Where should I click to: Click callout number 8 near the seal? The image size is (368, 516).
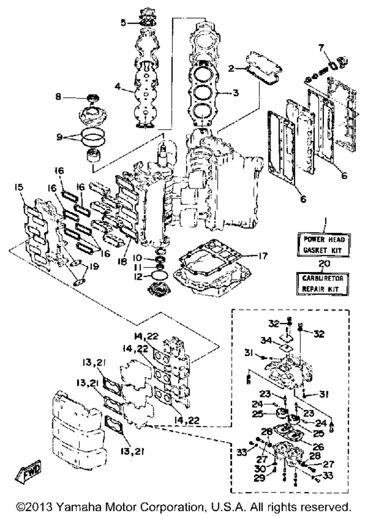coord(59,97)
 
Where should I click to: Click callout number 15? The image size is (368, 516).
coord(19,187)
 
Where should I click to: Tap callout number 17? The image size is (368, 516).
coord(262,256)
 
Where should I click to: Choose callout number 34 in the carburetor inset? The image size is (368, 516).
coord(266,340)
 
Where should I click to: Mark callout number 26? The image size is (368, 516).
coord(318,447)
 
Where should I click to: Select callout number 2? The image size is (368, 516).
coord(231,68)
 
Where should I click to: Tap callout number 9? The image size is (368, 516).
coord(59,137)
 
